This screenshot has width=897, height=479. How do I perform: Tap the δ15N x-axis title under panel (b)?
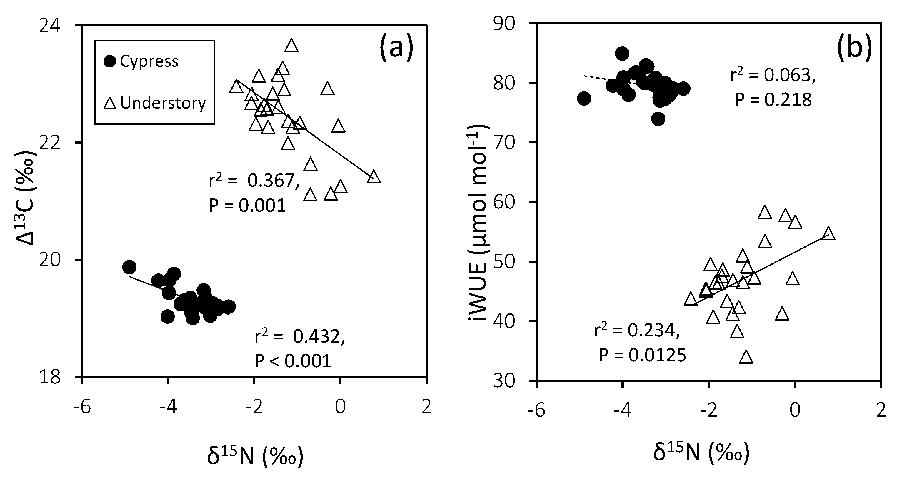click(701, 453)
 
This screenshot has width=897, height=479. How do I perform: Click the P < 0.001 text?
click(293, 361)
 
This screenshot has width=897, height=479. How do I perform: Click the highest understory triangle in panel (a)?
click(291, 46)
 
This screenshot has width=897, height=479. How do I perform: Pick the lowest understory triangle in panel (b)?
click(746, 358)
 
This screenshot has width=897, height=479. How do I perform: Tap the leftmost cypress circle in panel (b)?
click(584, 99)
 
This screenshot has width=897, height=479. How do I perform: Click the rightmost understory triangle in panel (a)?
click(374, 177)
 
